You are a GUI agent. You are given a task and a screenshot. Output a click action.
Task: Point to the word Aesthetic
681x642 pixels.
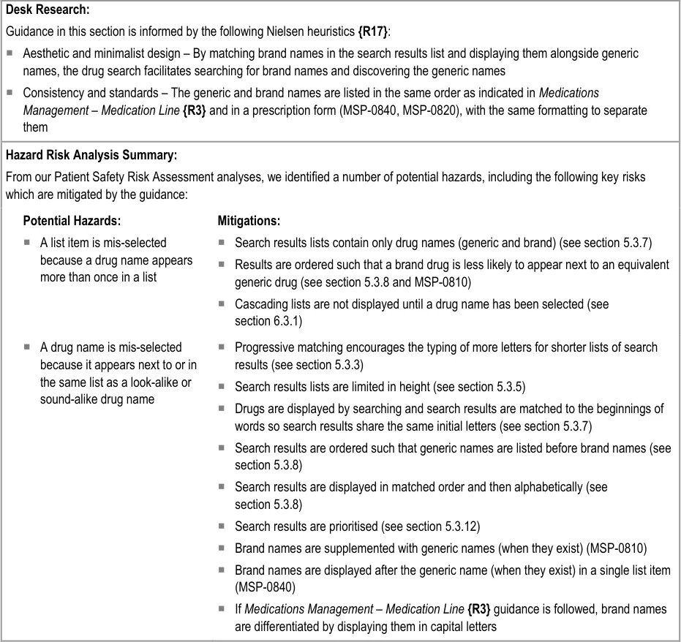[x=46, y=53]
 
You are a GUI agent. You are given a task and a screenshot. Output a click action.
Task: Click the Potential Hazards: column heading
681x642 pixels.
[x=72, y=221]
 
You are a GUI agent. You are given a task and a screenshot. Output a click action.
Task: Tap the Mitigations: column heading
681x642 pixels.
[x=249, y=221]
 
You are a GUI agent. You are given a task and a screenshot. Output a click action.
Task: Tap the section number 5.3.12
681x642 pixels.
[x=462, y=526]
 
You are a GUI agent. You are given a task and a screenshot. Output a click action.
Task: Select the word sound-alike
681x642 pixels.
[x=72, y=399]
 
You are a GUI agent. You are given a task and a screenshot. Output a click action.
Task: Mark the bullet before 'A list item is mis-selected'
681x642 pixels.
[x=27, y=243]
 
